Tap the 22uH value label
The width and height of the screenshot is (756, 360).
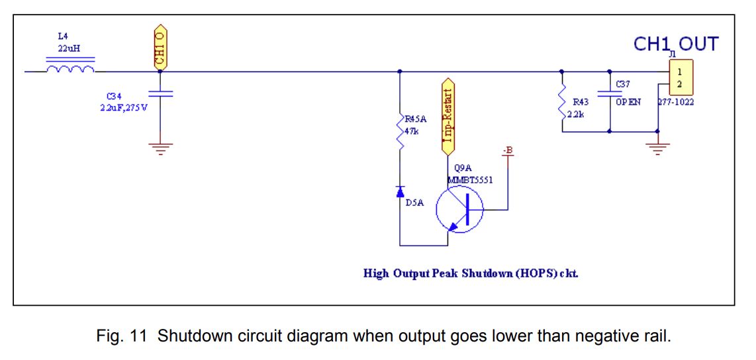pos(69,48)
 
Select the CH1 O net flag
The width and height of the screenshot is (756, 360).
pos(160,48)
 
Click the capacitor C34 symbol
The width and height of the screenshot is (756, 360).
pos(160,94)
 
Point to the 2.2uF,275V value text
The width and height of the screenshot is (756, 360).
pos(124,108)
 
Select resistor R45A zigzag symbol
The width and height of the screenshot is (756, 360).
pos(400,135)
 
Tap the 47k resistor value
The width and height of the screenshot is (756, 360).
pos(411,131)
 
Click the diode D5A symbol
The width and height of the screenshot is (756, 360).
pos(400,192)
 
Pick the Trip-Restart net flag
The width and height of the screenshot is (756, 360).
pos(448,116)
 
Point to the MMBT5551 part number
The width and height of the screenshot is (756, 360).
pos(470,179)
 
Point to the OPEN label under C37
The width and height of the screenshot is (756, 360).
pos(628,103)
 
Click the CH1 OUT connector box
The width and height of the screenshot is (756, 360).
pos(680,77)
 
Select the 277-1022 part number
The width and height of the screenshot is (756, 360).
pos(675,103)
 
